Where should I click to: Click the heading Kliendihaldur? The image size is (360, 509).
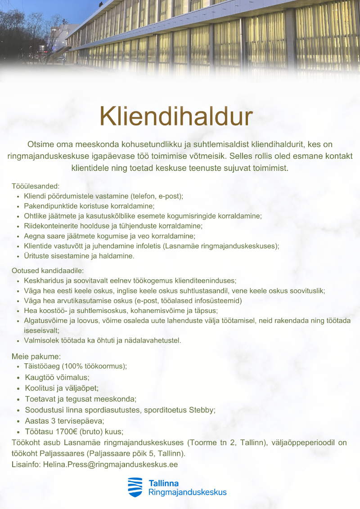tap(176, 117)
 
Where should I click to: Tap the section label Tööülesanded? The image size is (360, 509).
tap(36, 186)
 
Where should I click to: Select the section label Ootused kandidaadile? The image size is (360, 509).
tap(48, 271)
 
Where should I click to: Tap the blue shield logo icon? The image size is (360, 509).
tap(135, 487)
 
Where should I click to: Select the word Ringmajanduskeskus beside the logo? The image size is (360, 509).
tap(187, 492)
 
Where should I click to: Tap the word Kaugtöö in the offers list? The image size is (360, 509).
tap(40, 377)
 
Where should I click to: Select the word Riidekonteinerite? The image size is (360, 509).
tap(50, 226)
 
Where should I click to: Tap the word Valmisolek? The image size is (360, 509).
tap(41, 340)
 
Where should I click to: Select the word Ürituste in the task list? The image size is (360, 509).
tap(37, 256)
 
